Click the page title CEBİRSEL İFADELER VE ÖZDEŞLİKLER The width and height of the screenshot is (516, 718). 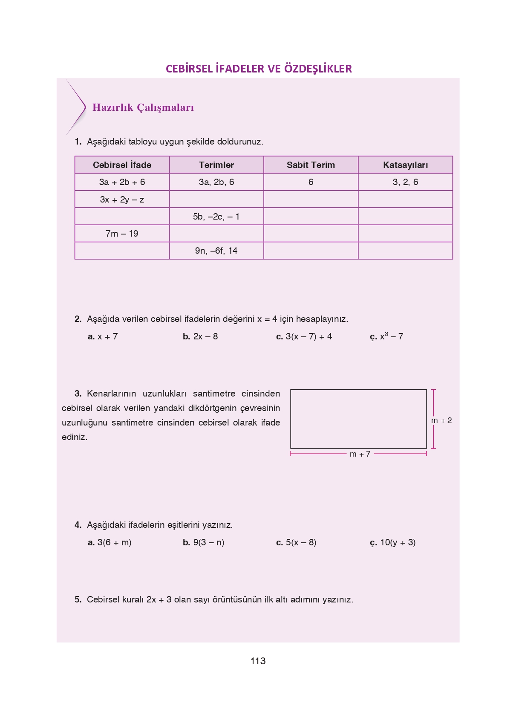[259, 69]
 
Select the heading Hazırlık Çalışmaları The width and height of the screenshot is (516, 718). [143, 107]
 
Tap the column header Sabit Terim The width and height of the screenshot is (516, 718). [311, 165]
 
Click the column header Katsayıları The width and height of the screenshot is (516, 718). [405, 165]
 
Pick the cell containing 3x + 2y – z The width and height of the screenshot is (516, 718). [122, 200]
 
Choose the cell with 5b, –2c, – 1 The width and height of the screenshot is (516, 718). [216, 217]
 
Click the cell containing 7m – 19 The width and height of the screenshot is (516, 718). [122, 234]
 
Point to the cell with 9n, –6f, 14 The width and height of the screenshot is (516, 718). [216, 251]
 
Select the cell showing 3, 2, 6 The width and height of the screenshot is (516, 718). [405, 182]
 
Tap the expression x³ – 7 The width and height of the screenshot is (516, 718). [391, 336]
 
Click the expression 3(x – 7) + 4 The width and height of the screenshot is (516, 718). [308, 336]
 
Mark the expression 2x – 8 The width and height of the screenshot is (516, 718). [205, 336]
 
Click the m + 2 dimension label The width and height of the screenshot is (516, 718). [441, 420]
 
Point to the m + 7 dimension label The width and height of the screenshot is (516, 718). [360, 454]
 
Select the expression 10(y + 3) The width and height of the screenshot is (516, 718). [398, 542]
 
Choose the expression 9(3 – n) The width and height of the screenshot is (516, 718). [208, 542]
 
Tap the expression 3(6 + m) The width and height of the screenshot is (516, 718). [114, 542]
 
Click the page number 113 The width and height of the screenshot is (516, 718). [258, 661]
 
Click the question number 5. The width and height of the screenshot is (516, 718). [78, 599]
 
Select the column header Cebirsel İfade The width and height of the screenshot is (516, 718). [122, 165]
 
